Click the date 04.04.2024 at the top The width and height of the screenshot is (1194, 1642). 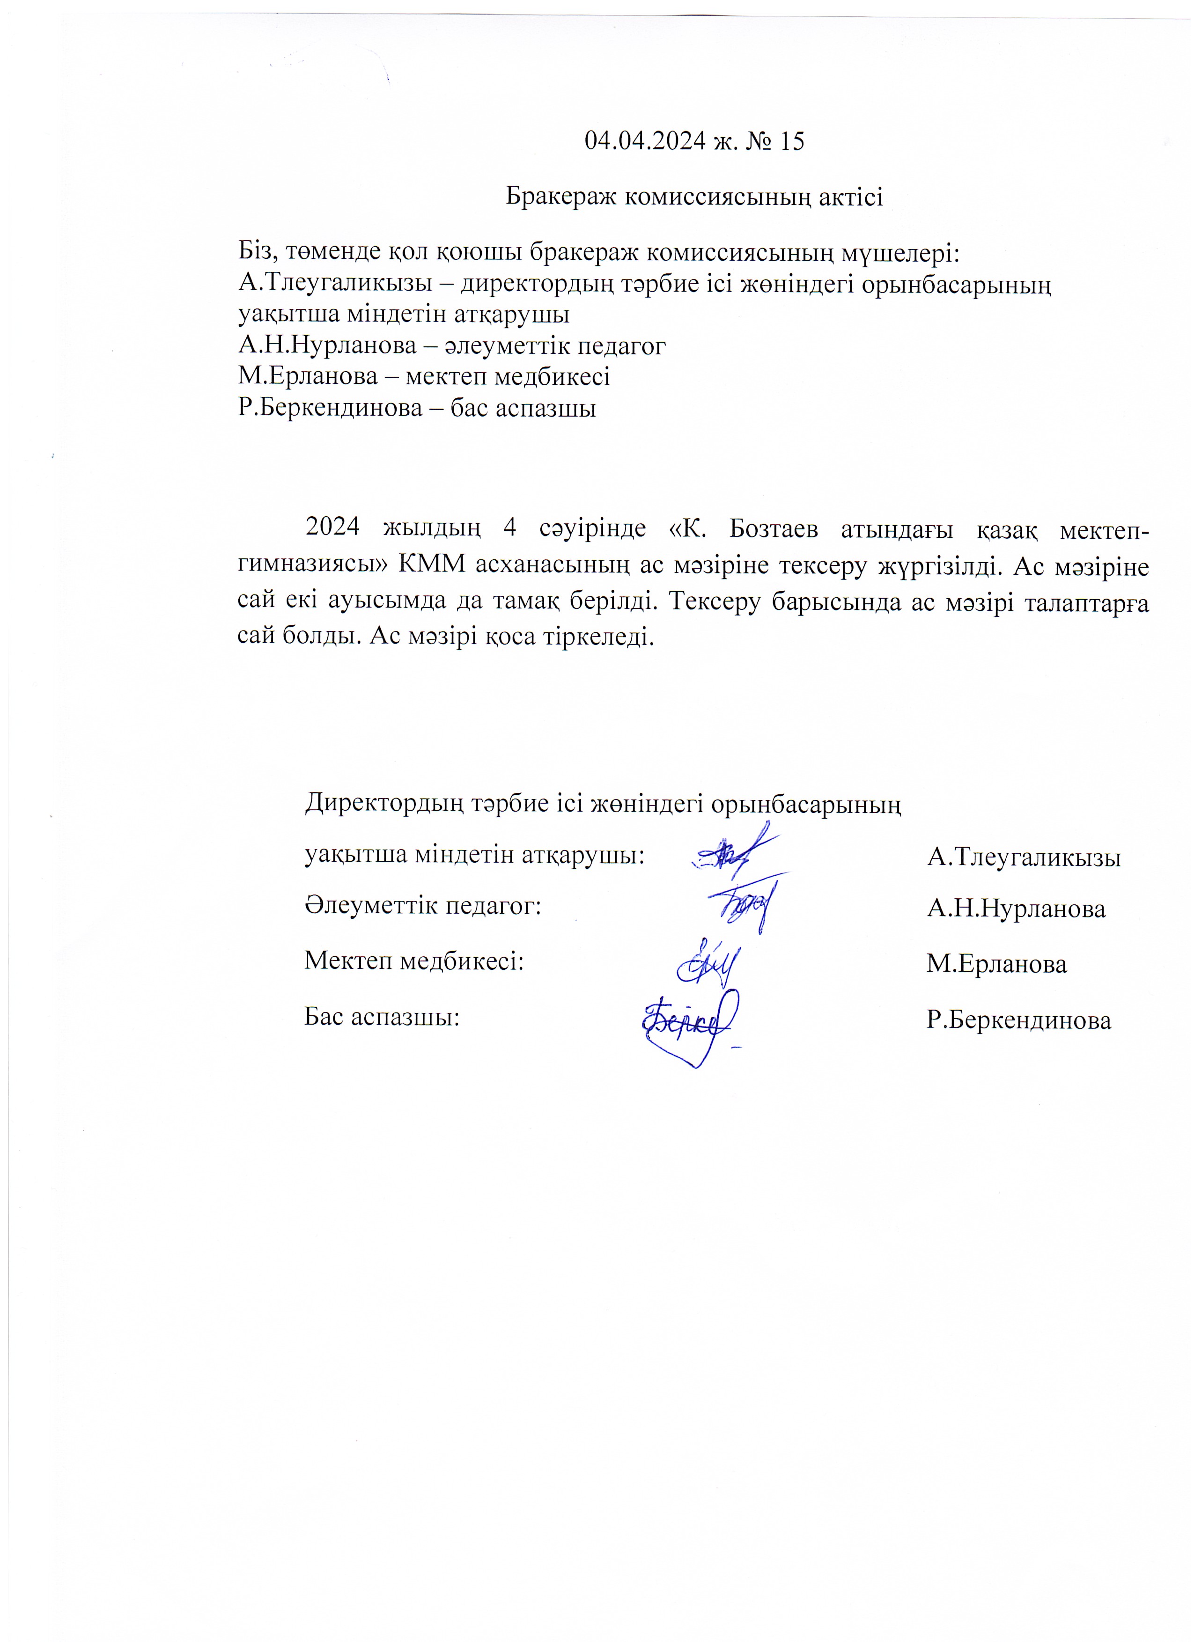pyautogui.click(x=644, y=141)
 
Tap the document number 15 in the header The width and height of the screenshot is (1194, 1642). pyautogui.click(x=791, y=141)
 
